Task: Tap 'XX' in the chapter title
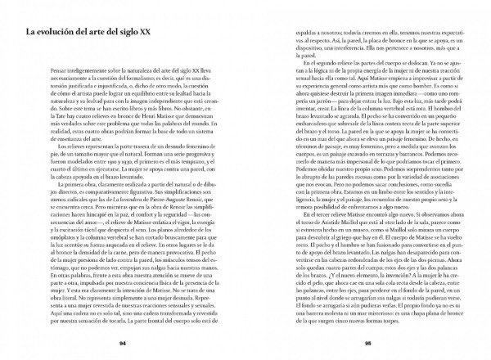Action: click(x=177, y=33)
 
